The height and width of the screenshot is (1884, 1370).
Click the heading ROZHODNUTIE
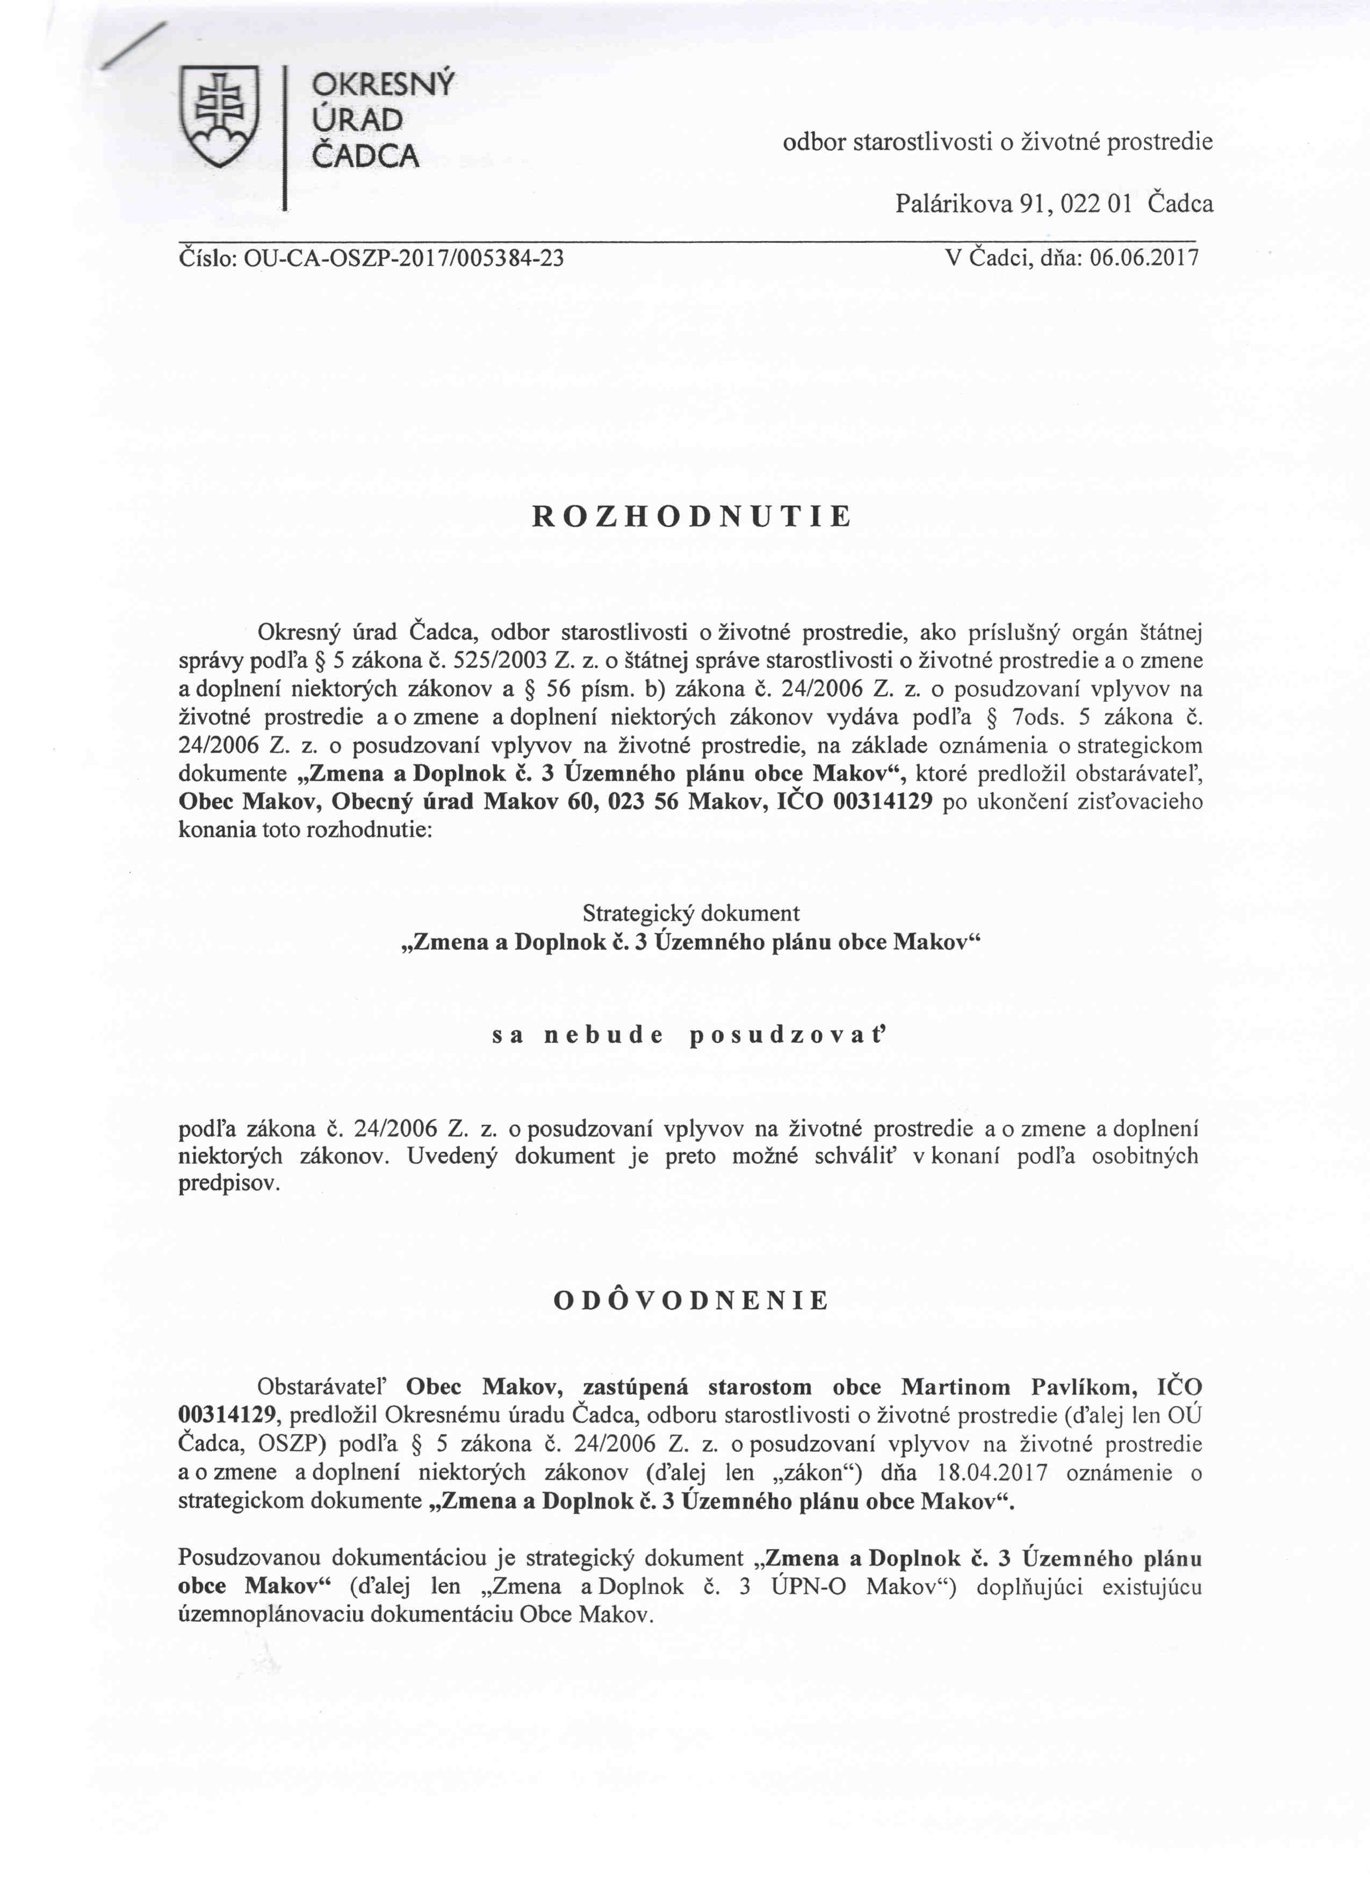click(x=691, y=517)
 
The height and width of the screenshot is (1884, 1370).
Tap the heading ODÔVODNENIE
click(x=691, y=1300)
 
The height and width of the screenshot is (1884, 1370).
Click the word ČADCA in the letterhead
click(x=365, y=155)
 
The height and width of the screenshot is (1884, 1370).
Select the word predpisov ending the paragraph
click(x=228, y=1185)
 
